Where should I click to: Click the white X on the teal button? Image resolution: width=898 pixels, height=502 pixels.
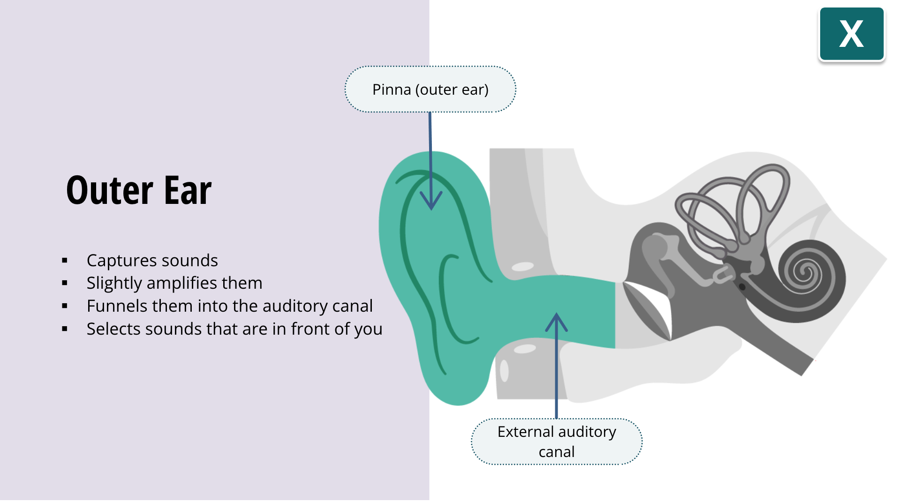(851, 34)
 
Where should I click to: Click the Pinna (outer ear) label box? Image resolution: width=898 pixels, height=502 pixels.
(430, 89)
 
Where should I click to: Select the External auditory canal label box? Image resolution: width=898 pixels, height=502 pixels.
(556, 441)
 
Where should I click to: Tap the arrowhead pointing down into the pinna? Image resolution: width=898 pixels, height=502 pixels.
(431, 201)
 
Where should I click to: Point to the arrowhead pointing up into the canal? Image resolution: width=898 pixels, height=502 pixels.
(556, 322)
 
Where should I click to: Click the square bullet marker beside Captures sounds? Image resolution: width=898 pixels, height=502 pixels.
(65, 261)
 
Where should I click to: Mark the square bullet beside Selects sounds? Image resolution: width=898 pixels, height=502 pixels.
(65, 329)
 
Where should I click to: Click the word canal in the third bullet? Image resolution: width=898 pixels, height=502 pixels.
(352, 306)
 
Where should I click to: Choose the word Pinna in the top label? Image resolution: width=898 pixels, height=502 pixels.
(391, 90)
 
